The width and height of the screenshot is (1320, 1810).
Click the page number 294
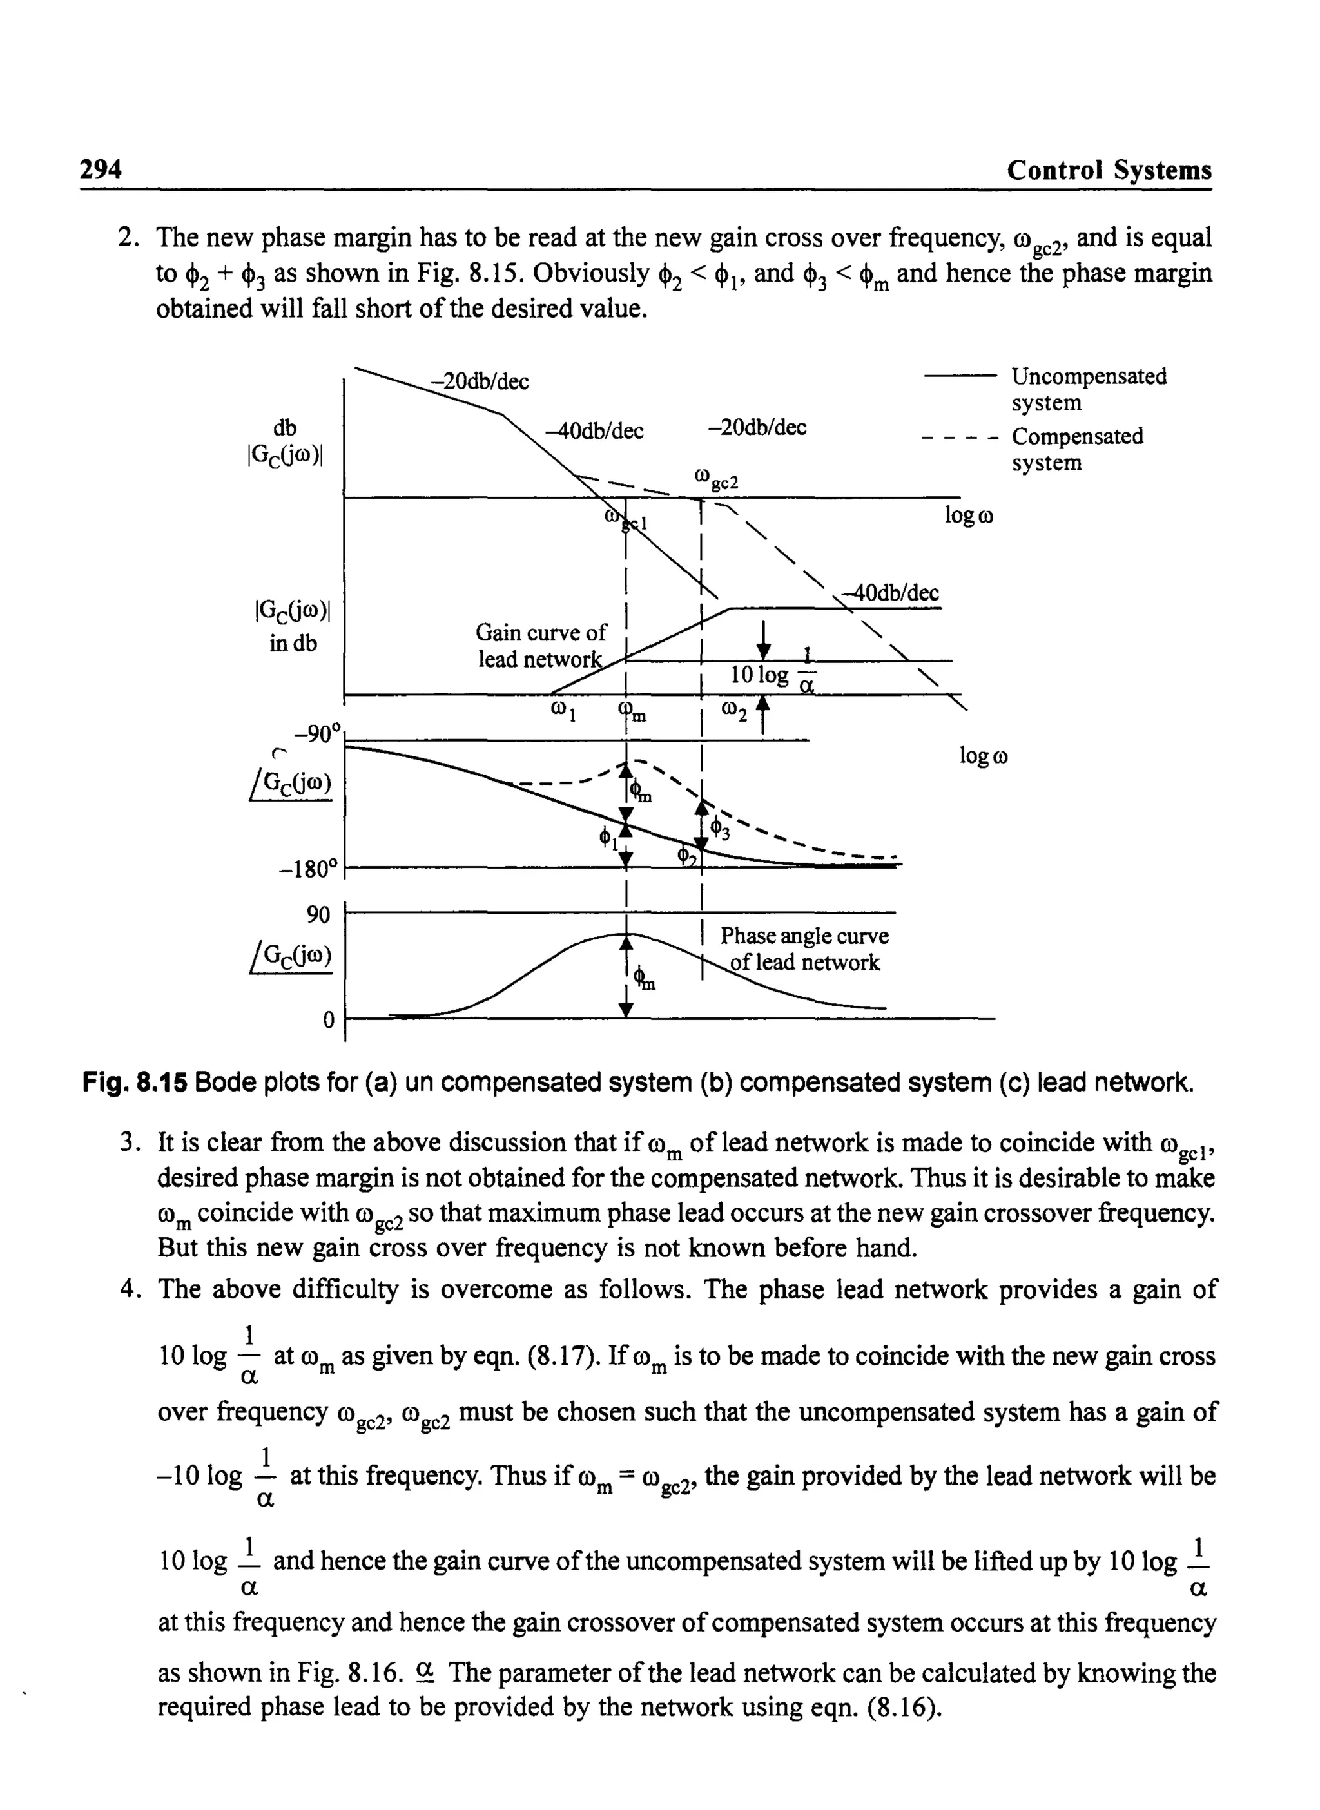101,170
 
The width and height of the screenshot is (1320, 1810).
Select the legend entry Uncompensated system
1088,389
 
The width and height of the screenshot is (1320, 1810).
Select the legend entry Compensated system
1076,449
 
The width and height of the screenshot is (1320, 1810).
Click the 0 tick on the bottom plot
327,1021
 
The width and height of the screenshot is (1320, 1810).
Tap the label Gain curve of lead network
540,646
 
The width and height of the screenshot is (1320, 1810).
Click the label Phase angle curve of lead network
804,949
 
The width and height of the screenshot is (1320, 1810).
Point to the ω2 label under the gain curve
733,710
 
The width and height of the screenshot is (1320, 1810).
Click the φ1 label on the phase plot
609,839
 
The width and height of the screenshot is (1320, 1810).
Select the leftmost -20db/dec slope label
480,382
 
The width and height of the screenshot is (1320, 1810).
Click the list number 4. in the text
129,1290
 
